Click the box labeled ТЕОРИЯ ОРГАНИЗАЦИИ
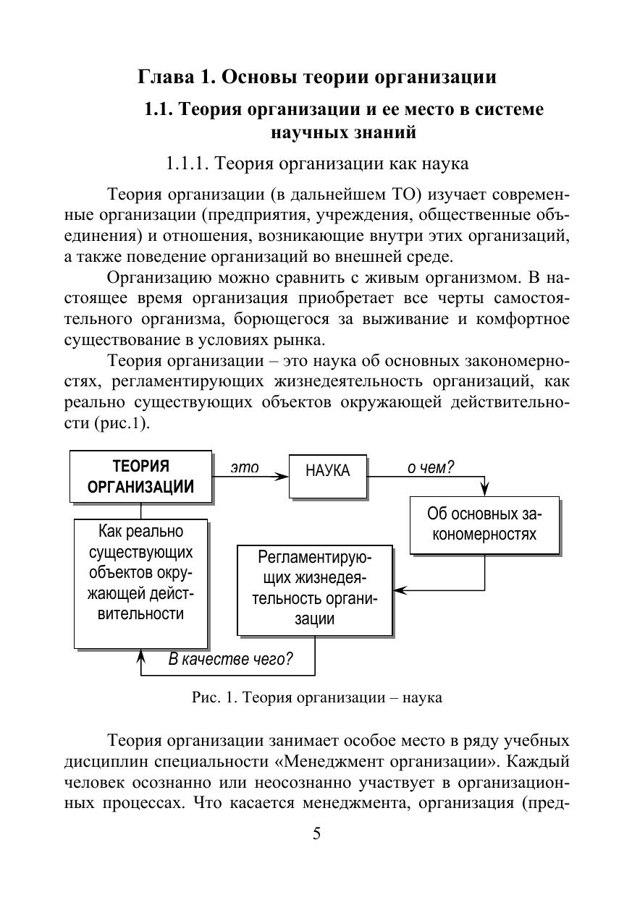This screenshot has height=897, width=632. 141,476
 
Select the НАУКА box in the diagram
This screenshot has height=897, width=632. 327,471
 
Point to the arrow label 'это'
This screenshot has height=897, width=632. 245,467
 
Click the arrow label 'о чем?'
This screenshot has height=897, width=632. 430,467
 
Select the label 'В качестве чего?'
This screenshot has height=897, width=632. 230,659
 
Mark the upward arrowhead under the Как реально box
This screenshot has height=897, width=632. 141,655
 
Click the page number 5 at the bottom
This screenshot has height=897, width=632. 316,834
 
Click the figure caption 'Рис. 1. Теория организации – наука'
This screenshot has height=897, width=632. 316,698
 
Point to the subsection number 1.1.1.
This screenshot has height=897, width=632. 188,164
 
